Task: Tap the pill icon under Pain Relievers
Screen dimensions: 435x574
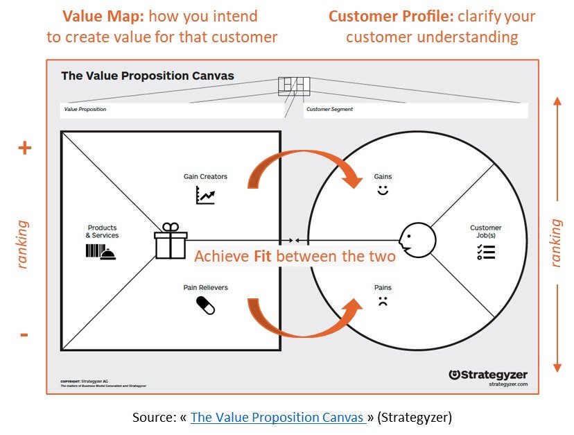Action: [x=206, y=305]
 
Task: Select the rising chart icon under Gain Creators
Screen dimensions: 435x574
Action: [x=205, y=196]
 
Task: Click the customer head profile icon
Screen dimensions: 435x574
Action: [x=418, y=239]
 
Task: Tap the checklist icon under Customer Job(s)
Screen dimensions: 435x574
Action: [x=485, y=252]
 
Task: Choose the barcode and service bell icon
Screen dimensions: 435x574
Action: [x=102, y=251]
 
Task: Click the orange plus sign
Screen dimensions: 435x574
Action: [x=24, y=148]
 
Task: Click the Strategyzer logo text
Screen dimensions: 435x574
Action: [x=488, y=375]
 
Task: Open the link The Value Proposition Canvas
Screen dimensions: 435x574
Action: [x=278, y=417]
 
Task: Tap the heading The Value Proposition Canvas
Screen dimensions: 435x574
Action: [x=148, y=76]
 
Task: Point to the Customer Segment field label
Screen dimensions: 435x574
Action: [x=330, y=110]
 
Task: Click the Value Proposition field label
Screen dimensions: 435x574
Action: [x=85, y=110]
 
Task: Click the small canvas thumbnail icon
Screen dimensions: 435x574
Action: [x=294, y=85]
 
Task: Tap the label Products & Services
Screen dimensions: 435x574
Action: [x=103, y=232]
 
